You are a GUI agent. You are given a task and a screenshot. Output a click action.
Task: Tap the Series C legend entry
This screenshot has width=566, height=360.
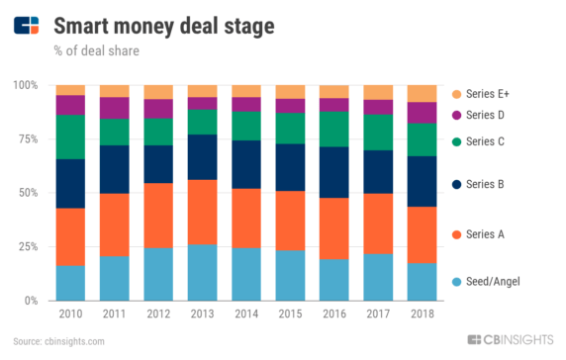tap(486, 142)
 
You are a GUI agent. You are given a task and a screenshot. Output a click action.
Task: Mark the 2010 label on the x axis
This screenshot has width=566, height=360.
tap(70, 314)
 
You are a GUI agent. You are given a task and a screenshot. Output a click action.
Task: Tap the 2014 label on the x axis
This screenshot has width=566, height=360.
tap(245, 314)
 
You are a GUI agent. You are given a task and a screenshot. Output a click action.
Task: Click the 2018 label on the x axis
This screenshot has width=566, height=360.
tap(421, 314)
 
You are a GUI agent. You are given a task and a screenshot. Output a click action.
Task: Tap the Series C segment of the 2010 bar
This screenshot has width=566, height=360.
tap(70, 136)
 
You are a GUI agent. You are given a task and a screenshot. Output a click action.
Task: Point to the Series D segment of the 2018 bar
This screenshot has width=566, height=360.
tap(421, 112)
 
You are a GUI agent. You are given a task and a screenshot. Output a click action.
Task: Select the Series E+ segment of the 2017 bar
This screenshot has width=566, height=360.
tap(377, 92)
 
